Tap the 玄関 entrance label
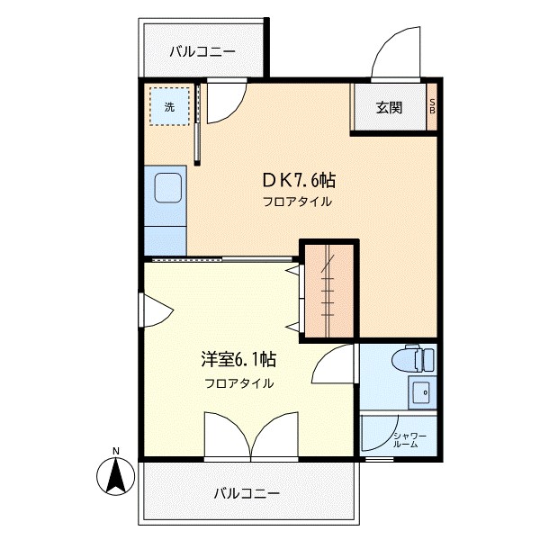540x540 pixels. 389,107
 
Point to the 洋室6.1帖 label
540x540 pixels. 238,360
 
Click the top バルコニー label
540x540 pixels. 202,51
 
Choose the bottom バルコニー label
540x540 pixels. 247,493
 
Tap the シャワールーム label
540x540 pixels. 409,440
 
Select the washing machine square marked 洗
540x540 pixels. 169,106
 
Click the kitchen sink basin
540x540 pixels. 167,189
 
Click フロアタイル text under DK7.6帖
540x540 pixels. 297,202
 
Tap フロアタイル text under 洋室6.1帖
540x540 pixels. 238,382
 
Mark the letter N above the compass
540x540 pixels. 115,451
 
